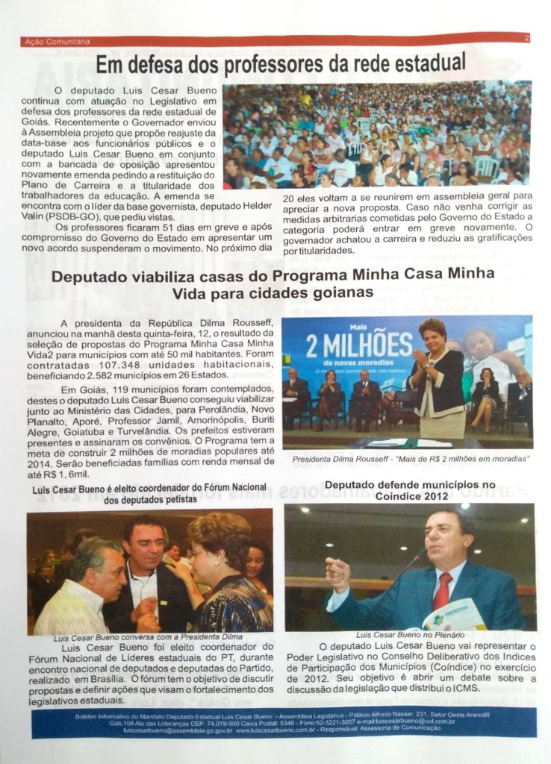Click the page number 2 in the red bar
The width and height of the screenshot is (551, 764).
[527, 37]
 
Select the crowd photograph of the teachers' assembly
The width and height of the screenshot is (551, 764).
[376, 134]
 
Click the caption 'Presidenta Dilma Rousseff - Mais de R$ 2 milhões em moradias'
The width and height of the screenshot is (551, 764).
[410, 459]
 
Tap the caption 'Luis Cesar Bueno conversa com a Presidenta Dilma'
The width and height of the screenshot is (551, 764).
[138, 640]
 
